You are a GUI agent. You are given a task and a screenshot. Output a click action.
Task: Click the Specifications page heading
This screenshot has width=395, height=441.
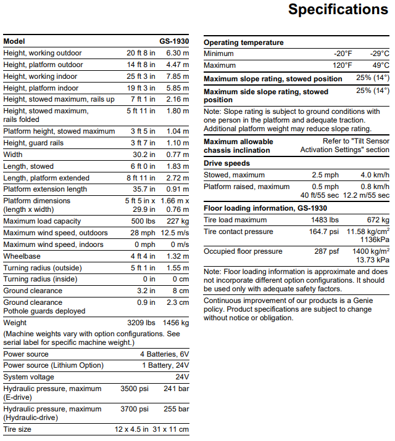pos(338,10)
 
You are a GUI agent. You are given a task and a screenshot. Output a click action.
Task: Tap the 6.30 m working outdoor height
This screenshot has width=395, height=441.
pos(177,53)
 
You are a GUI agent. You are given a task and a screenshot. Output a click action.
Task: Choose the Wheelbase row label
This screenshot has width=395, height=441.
pos(21,256)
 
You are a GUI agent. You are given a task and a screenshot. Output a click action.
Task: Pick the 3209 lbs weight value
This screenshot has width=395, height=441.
pos(141,322)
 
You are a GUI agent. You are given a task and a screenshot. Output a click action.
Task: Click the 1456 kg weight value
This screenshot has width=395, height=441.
pos(176,322)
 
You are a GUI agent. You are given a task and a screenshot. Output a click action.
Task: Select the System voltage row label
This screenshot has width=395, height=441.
pos(28,377)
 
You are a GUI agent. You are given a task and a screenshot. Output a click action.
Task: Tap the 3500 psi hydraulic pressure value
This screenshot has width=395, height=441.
pos(135,389)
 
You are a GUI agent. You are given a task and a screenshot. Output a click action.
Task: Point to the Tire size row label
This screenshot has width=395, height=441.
pos(17,429)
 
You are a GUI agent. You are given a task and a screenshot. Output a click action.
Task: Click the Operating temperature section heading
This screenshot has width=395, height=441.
pos(244,42)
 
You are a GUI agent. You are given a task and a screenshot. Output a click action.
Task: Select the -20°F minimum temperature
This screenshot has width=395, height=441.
pos(343,54)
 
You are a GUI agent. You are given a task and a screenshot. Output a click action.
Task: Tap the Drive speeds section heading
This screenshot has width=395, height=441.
pos(227,163)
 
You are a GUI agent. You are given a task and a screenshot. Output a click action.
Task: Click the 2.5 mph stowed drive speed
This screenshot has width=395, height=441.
pos(325,175)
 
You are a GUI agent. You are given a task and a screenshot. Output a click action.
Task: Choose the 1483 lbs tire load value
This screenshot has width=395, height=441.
pos(325,220)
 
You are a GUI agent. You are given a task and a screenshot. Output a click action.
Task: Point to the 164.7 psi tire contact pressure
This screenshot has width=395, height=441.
pos(324,232)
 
